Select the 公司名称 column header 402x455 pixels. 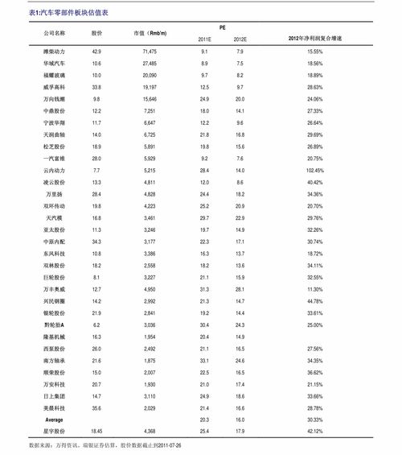coord(54,34)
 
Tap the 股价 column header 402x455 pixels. coord(96,34)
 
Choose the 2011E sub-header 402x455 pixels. coord(204,39)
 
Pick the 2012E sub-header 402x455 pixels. coord(240,39)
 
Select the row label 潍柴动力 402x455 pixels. coord(54,51)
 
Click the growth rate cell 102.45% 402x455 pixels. coord(315,171)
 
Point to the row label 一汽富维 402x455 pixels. coord(54,159)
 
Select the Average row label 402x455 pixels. coord(54,420)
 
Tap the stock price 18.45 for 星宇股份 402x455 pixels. coord(96,432)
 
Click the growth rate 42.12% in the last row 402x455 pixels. coord(315,432)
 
